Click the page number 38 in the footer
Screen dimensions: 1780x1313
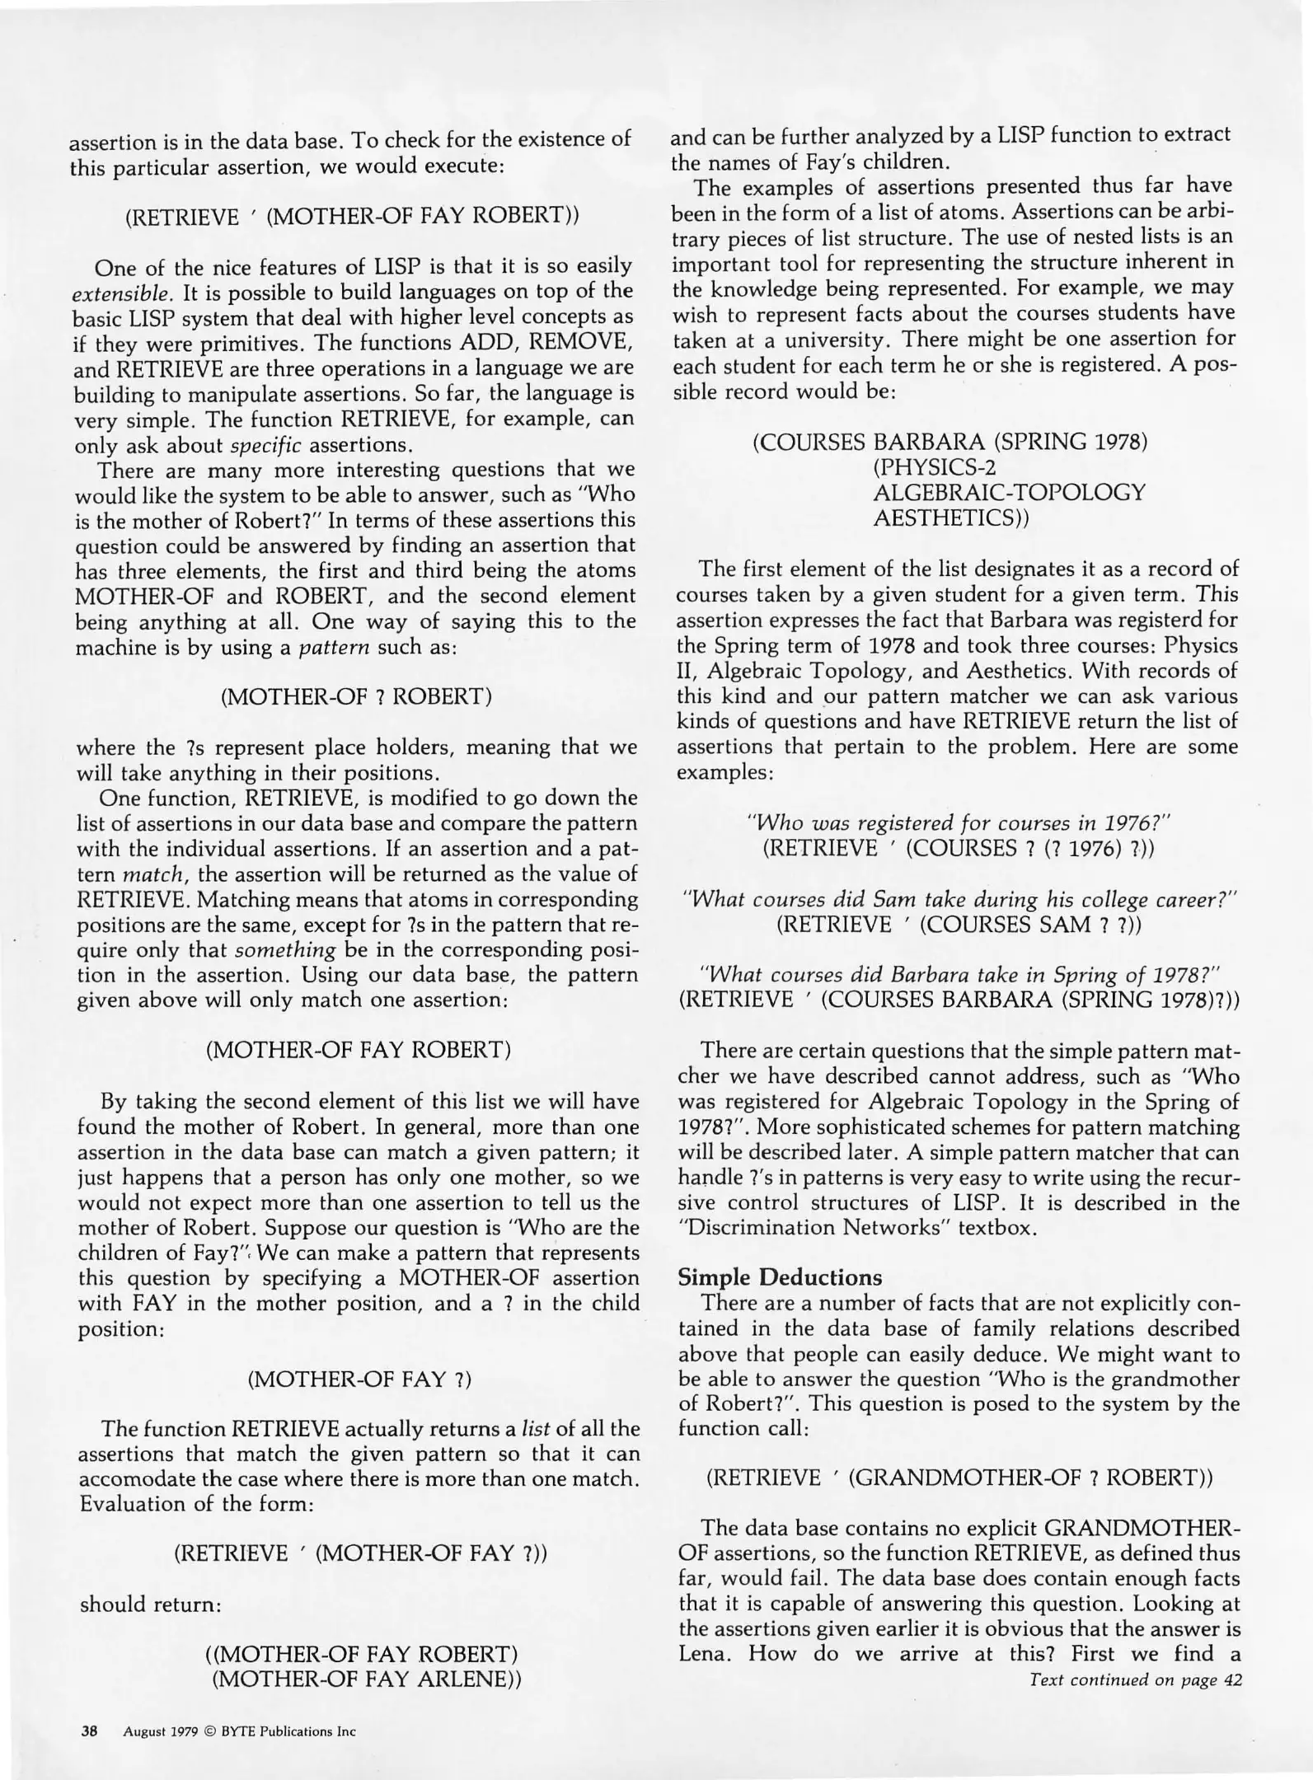point(90,1731)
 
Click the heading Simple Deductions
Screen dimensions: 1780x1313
point(779,1277)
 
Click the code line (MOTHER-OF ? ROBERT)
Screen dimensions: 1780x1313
point(356,696)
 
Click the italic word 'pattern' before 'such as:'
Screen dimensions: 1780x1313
point(334,647)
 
